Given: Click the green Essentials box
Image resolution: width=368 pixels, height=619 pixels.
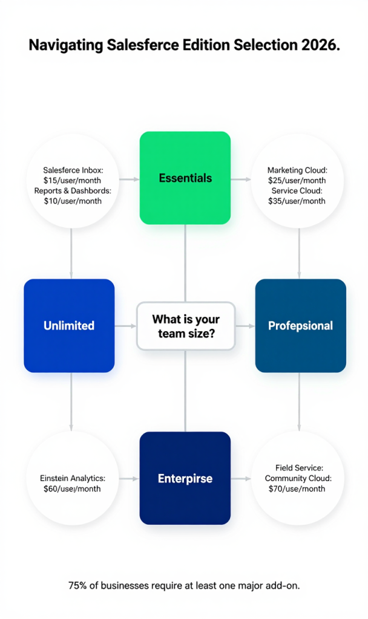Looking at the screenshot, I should [185, 178].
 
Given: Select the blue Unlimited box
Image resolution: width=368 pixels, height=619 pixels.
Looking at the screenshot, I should [69, 325].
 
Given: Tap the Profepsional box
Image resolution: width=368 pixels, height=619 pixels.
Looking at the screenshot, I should [300, 325].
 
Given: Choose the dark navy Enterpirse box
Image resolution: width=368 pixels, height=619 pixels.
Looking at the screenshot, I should [185, 478].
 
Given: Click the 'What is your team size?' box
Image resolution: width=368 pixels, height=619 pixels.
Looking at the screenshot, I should [185, 326].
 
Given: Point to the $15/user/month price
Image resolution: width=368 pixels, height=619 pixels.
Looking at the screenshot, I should [72, 180].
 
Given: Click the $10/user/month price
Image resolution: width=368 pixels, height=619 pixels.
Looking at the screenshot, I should [72, 201].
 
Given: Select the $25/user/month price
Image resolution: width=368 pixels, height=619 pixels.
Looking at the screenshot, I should [297, 180].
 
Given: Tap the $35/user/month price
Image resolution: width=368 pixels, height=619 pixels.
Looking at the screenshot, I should [297, 201].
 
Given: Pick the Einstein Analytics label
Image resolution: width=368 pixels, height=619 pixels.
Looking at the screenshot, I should [72, 478].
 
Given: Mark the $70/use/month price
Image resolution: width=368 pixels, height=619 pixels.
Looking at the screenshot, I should [297, 488].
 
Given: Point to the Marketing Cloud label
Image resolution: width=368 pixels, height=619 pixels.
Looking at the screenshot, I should [297, 170].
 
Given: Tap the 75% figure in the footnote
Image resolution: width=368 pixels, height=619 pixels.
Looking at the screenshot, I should [77, 585].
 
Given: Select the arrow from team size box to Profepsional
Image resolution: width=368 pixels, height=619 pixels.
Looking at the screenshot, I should [245, 326].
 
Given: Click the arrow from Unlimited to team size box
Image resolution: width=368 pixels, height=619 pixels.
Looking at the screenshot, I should [126, 326].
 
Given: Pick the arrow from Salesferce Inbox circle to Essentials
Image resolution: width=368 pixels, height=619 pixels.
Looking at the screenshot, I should [128, 179].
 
